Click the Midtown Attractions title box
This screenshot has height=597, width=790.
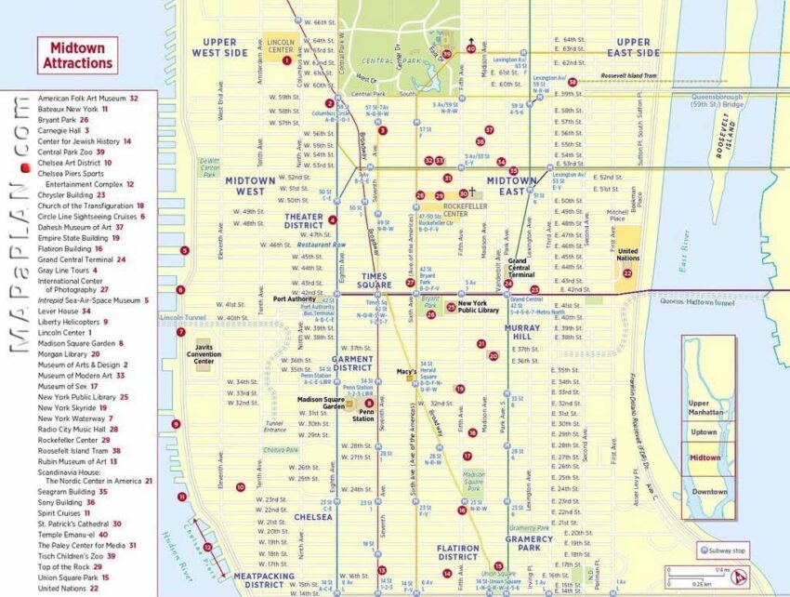78,55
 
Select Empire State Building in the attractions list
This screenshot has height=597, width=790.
74,238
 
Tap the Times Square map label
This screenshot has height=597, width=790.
361,282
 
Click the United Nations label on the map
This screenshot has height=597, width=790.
628,255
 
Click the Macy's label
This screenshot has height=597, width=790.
406,372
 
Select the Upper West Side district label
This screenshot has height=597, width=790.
220,47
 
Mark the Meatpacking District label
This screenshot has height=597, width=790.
264,581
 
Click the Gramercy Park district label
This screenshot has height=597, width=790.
529,544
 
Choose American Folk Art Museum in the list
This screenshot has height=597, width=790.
82,98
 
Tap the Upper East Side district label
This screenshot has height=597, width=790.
633,47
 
